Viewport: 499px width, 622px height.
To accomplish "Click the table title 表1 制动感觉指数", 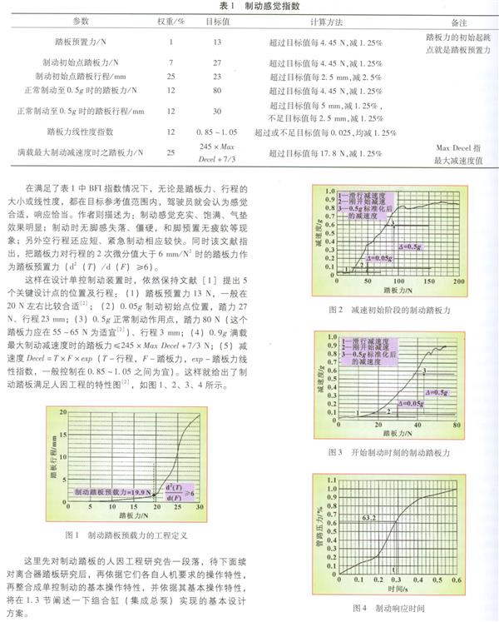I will [x=249, y=7].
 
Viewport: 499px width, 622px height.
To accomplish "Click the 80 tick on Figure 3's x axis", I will [x=457, y=426].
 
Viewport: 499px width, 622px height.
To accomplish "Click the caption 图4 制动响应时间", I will [x=388, y=609].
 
